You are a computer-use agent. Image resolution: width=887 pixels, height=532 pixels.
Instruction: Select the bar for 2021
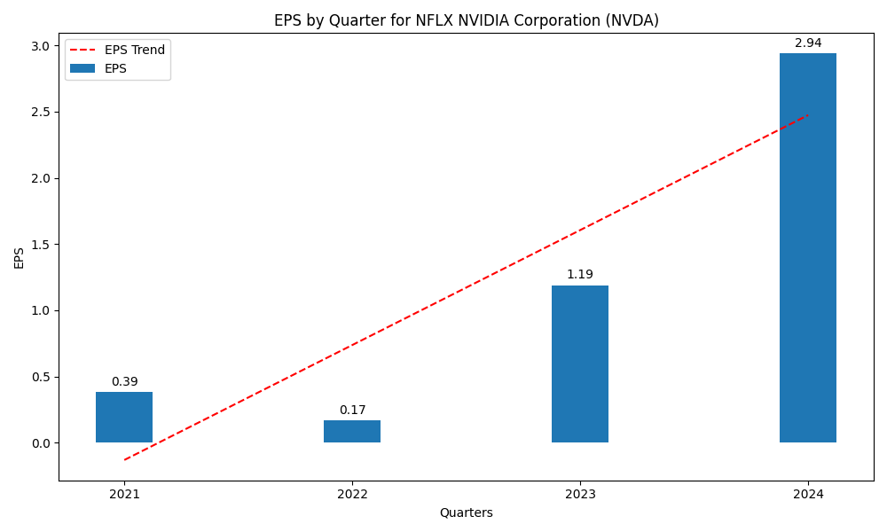pyautogui.click(x=124, y=417)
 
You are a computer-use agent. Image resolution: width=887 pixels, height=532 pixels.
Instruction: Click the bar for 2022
pyautogui.click(x=352, y=431)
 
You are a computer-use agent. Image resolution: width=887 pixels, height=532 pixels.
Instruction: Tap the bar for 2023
pyautogui.click(x=580, y=364)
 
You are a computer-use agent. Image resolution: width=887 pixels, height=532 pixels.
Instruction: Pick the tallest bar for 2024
pyautogui.click(x=808, y=248)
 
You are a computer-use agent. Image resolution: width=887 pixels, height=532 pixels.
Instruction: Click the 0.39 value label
pyautogui.click(x=124, y=382)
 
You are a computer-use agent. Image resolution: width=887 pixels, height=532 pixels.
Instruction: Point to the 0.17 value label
pyautogui.click(x=352, y=411)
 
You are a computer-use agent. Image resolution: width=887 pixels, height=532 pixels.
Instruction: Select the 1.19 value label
pyautogui.click(x=580, y=275)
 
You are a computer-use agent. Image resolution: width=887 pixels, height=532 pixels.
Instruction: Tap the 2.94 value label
pyautogui.click(x=808, y=43)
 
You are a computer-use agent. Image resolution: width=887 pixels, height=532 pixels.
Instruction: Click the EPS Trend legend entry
pyautogui.click(x=134, y=51)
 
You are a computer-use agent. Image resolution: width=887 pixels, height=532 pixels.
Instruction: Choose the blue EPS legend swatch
pyautogui.click(x=82, y=68)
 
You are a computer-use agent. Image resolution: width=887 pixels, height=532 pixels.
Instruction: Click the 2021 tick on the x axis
pyautogui.click(x=124, y=494)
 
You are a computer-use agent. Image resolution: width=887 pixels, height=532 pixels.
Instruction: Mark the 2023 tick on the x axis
pyautogui.click(x=580, y=494)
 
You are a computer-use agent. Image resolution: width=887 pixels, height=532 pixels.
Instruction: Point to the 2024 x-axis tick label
pyautogui.click(x=808, y=494)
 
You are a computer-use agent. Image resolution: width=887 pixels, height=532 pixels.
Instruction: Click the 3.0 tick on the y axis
pyautogui.click(x=40, y=46)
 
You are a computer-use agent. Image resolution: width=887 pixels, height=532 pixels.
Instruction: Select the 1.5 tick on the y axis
pyautogui.click(x=40, y=245)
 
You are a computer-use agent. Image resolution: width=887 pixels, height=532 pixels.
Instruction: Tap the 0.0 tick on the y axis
pyautogui.click(x=40, y=443)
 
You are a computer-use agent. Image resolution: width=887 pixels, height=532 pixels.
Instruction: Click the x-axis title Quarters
pyautogui.click(x=466, y=512)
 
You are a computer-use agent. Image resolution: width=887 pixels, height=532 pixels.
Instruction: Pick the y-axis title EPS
pyautogui.click(x=20, y=257)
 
